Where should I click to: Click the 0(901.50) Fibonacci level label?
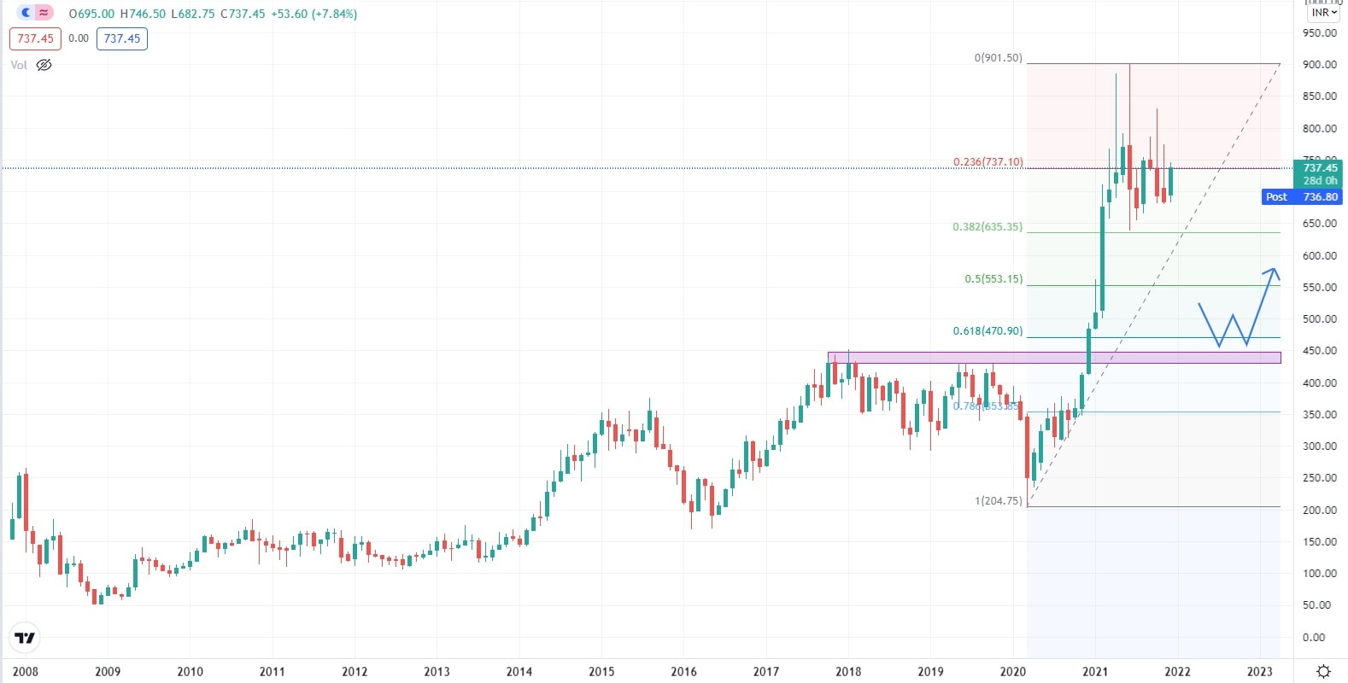coord(998,58)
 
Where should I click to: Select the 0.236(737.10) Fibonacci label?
coord(988,161)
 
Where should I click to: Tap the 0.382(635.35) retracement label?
coord(988,227)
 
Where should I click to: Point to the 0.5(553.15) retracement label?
coord(993,279)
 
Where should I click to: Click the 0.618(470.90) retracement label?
coord(988,331)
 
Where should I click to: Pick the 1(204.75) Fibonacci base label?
coord(998,501)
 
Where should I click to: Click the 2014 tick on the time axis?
coord(519,671)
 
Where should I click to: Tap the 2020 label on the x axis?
coord(1013,671)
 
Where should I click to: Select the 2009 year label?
coord(108,671)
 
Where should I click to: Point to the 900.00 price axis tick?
coord(1320,65)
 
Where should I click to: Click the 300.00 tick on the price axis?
coord(1320,447)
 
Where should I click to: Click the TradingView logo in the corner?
coord(26,638)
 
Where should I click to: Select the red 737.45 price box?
coord(36,38)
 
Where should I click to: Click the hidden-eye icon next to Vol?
coord(44,65)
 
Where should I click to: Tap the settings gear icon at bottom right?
coord(1323,671)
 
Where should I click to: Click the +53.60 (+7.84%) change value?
coord(314,14)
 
